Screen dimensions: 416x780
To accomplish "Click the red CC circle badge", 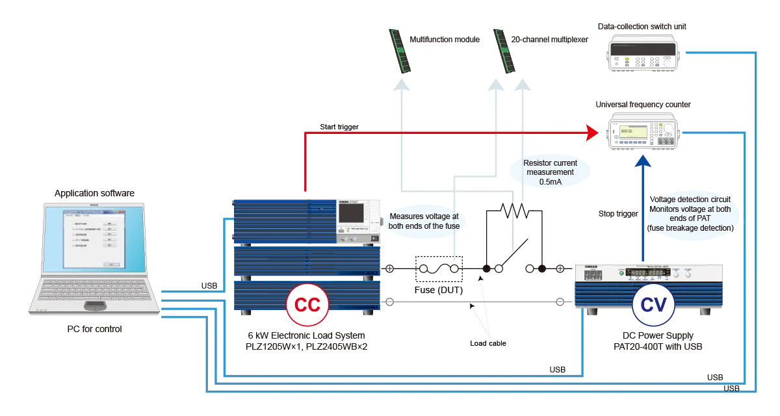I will point(307,305).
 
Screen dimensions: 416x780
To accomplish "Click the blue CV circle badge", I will point(652,305).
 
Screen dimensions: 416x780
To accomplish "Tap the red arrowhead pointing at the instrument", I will point(592,133).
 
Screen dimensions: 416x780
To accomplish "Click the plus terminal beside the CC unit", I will point(389,268).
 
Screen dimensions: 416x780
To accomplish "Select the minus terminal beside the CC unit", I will point(389,301).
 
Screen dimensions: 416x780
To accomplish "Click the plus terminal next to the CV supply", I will point(560,268).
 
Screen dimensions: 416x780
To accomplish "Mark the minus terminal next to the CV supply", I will point(560,301).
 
